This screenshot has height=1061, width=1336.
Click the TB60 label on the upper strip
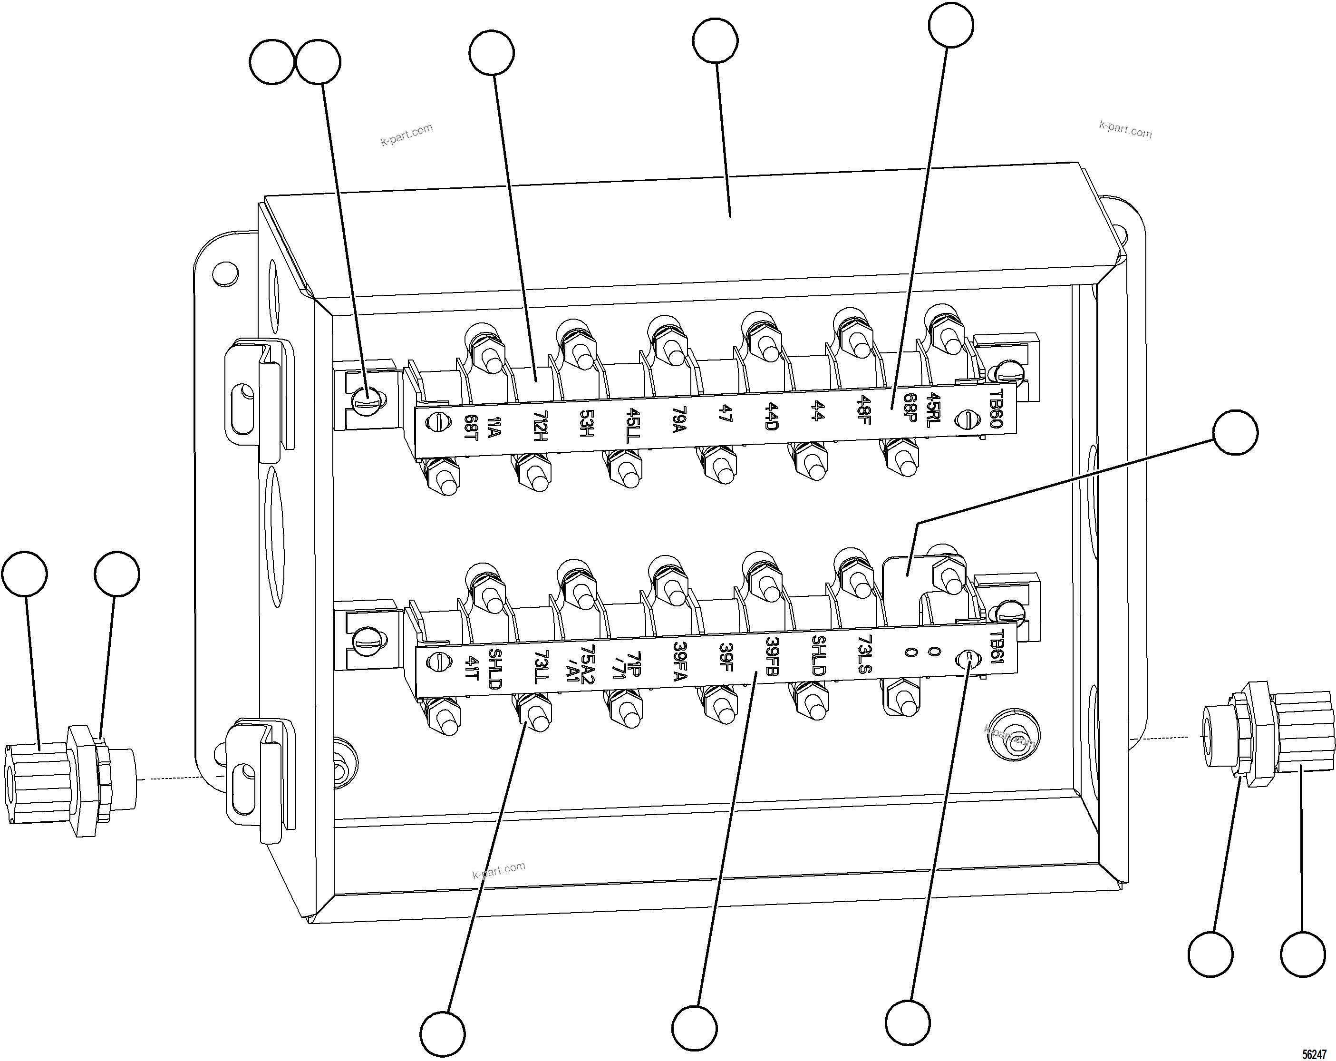click(x=995, y=409)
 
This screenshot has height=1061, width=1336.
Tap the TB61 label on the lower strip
click(x=996, y=647)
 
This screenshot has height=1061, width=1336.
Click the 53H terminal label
click(x=586, y=423)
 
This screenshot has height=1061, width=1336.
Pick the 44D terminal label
click(x=772, y=416)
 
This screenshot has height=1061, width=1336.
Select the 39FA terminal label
click(x=680, y=661)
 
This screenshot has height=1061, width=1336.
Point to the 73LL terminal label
click(x=541, y=667)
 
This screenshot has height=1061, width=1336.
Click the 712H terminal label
click(x=541, y=426)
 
